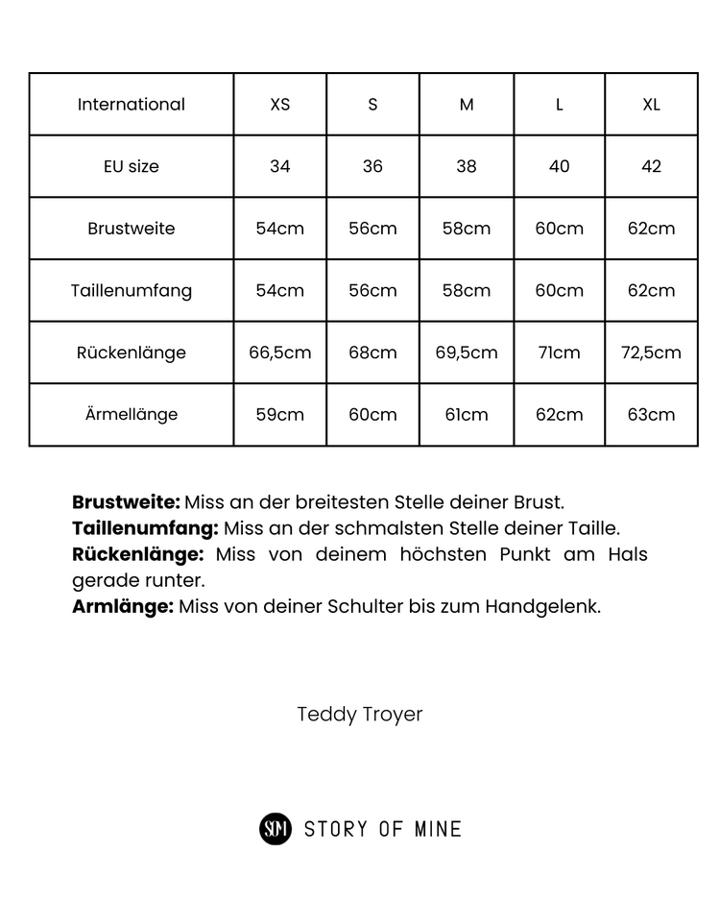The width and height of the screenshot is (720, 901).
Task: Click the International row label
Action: tap(131, 105)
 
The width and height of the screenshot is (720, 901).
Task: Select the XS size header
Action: tap(279, 105)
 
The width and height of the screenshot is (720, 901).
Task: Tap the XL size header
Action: tap(651, 105)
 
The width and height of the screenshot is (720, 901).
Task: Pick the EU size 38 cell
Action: tap(467, 166)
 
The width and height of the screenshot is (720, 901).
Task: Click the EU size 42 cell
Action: tap(651, 166)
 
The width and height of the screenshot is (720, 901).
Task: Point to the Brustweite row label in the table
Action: tap(131, 229)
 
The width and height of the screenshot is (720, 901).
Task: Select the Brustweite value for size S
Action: tap(372, 229)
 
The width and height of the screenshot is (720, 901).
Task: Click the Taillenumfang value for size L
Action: tap(559, 290)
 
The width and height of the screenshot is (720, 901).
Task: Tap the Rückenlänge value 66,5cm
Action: tap(279, 353)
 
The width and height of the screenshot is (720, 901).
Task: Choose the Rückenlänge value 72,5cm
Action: tap(651, 353)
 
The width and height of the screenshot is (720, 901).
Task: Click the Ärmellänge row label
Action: tap(131, 415)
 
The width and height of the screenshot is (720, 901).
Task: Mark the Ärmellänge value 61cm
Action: tap(467, 415)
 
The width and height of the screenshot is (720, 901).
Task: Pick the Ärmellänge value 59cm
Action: tap(279, 415)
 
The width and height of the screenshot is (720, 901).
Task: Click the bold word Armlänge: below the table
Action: tap(123, 606)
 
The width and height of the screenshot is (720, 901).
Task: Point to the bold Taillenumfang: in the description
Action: tap(145, 528)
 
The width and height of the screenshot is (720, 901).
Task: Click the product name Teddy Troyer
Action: tap(360, 715)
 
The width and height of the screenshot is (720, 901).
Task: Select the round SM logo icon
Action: tap(276, 828)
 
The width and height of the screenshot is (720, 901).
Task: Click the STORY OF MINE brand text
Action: tap(382, 829)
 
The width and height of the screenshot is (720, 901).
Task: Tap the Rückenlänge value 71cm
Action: tap(559, 353)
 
